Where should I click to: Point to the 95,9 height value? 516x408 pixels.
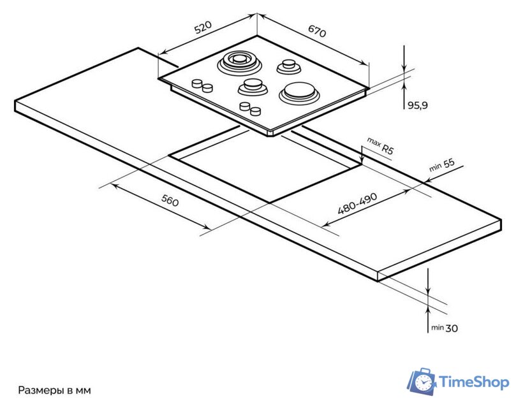tap(417, 106)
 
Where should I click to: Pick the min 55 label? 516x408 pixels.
tap(441, 165)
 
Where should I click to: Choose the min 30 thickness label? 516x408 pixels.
tap(444, 328)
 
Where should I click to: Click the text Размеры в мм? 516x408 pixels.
tap(55, 390)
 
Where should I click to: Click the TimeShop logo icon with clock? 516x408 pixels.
tap(421, 382)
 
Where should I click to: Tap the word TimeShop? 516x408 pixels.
tap(474, 382)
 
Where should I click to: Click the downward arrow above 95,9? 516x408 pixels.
tap(404, 66)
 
